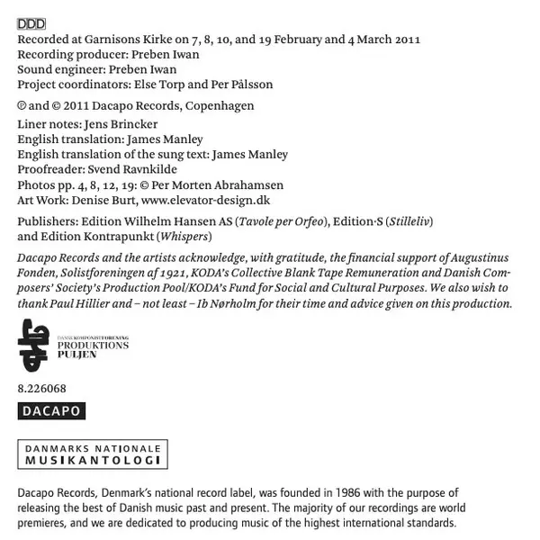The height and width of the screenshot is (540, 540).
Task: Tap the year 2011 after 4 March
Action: [408, 40]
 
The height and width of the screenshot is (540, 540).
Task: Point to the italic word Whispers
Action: [184, 237]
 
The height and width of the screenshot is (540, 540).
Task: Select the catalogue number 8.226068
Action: [41, 389]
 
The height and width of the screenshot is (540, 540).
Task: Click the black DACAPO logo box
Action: [51, 411]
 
